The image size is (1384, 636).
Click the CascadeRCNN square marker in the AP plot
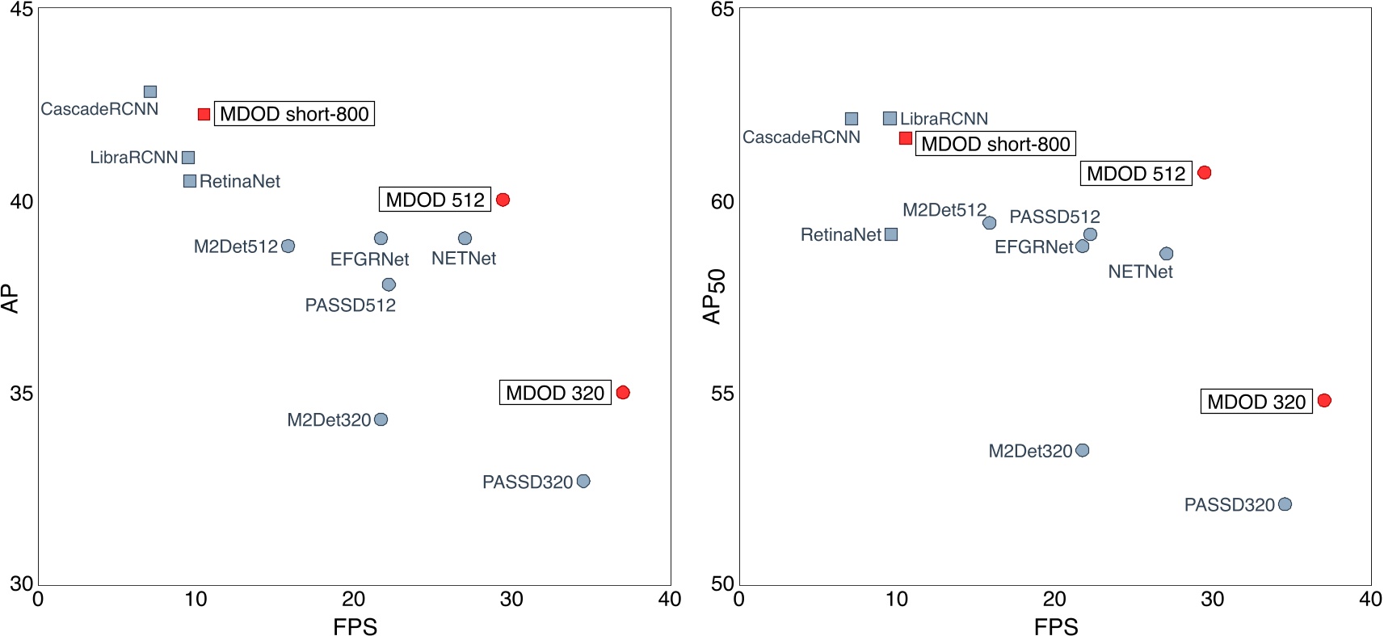tap(150, 92)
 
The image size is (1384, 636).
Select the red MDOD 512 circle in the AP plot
tap(503, 200)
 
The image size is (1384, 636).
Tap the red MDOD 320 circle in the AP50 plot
tap(1324, 401)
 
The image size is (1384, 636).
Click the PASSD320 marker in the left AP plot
tap(583, 482)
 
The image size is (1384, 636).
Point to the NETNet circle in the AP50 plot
tap(1167, 254)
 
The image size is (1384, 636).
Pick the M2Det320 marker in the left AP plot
tap(381, 419)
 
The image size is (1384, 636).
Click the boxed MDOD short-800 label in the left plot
tap(294, 114)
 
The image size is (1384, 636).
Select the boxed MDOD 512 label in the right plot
tap(1136, 174)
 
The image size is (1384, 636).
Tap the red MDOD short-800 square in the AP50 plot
tap(906, 139)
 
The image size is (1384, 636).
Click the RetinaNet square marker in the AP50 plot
tap(891, 234)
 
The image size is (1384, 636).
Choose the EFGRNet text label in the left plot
tap(369, 259)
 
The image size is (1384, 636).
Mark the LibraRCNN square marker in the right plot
tap(890, 119)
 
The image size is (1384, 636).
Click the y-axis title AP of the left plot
tap(11, 298)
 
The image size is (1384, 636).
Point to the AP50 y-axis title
tap(713, 297)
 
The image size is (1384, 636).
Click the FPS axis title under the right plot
tap(1056, 626)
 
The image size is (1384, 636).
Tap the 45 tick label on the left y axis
tap(21, 10)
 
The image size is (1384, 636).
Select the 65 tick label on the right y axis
tap(722, 10)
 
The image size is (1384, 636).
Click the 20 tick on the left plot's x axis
tap(353, 600)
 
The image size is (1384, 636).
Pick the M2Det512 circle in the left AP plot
tap(288, 246)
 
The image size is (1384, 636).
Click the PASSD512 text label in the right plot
tap(1054, 217)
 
